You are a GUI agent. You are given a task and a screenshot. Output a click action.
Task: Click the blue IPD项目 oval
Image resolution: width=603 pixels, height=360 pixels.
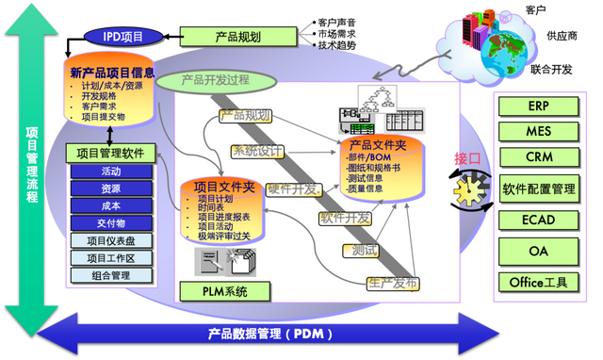pos(119,36)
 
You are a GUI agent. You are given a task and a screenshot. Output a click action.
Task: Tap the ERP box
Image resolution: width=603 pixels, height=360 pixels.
pos(538,106)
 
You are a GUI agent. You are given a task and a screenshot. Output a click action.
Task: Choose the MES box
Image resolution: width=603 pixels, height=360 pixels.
pos(538,131)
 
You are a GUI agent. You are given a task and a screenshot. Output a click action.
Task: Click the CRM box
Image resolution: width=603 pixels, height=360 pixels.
pos(538,156)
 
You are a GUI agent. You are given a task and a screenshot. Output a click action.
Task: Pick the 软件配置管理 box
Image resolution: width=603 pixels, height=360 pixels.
pos(538,188)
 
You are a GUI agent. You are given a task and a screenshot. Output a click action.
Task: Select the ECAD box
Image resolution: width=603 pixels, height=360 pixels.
pos(538,221)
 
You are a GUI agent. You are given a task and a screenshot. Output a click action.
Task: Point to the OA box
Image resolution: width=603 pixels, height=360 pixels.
pos(538,251)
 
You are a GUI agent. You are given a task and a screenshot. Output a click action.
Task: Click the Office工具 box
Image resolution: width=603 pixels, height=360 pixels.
pos(538,282)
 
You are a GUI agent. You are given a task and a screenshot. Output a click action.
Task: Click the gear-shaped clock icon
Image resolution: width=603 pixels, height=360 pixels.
pos(468,189)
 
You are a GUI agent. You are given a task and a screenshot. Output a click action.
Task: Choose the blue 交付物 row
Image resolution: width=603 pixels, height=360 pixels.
pos(110,223)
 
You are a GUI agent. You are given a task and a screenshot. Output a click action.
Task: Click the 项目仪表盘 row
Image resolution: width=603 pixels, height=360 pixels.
pos(110,240)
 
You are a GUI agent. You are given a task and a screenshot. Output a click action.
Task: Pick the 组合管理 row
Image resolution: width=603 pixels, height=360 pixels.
pos(110,276)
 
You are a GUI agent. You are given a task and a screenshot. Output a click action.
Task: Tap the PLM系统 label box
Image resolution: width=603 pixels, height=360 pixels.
pos(224,291)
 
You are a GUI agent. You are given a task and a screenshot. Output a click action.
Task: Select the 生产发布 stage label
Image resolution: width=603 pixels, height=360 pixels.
pos(392,283)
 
